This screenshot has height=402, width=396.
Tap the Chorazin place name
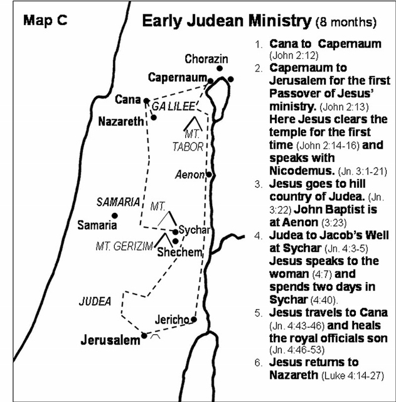point(203,59)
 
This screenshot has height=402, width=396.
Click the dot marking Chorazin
point(220,68)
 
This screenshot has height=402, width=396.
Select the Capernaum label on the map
point(177,78)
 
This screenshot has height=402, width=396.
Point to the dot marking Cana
point(146,100)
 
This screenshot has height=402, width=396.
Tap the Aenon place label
point(191,173)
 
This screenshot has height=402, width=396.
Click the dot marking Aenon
point(209,175)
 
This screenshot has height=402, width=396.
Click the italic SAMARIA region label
point(117,202)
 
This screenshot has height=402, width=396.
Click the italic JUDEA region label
point(95,301)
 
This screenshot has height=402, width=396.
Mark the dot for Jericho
point(194,320)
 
